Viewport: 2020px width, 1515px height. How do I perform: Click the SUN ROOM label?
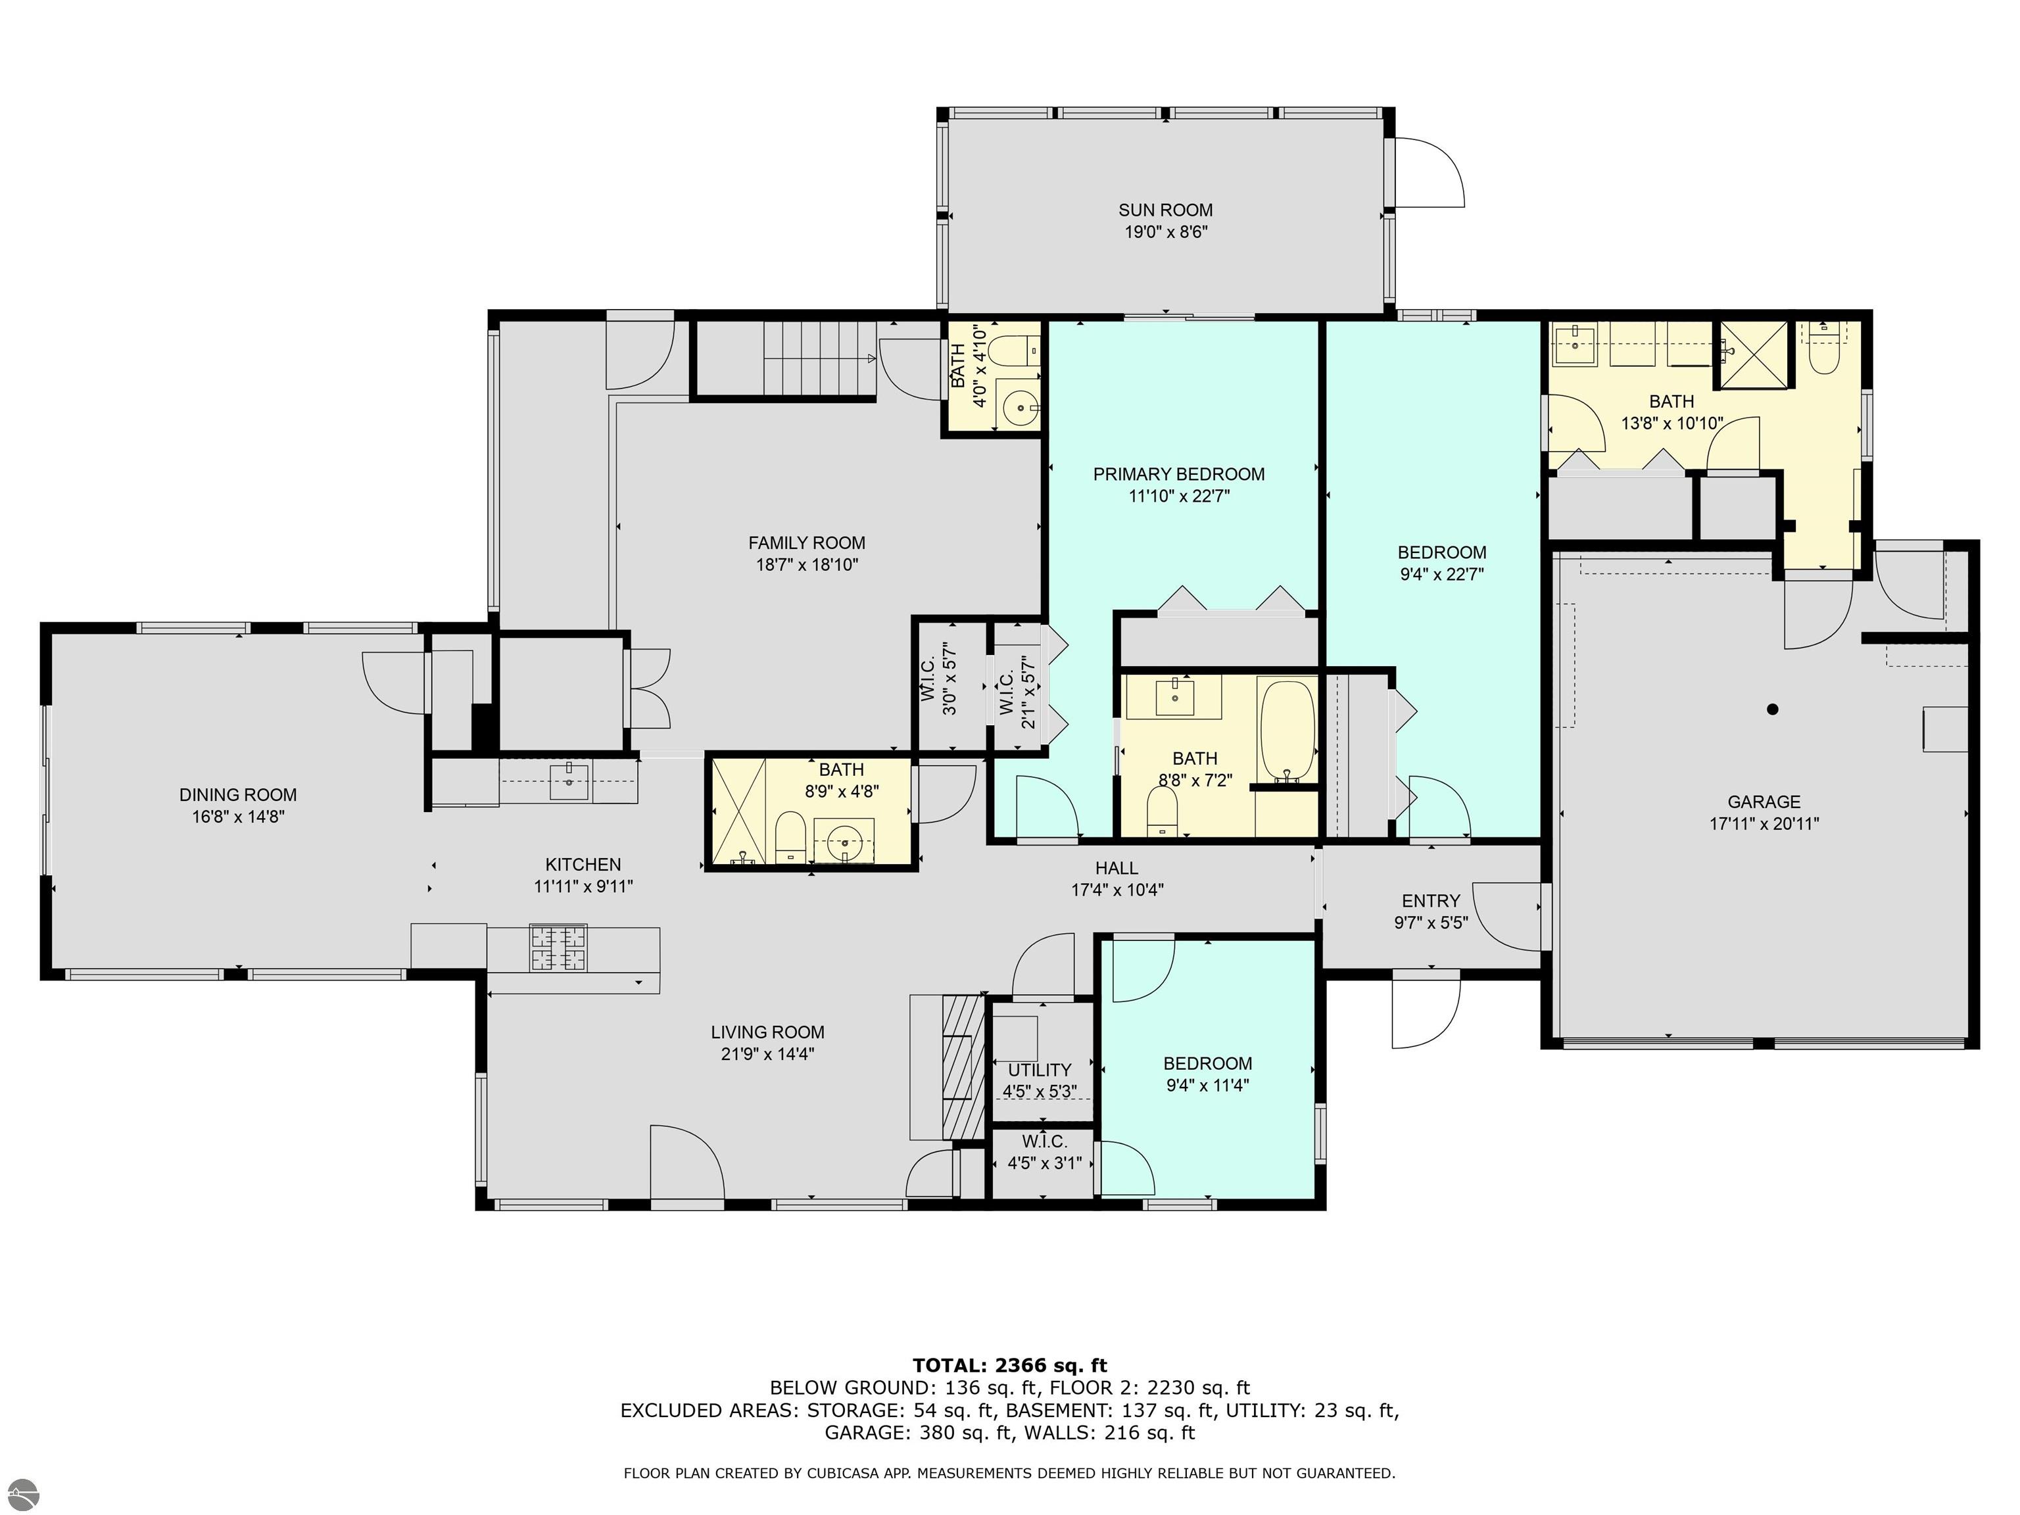[x=1165, y=210]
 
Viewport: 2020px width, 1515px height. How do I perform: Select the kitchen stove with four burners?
[x=558, y=948]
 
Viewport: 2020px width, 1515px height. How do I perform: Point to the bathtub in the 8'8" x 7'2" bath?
[x=1287, y=731]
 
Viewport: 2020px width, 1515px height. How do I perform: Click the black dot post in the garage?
[x=1773, y=709]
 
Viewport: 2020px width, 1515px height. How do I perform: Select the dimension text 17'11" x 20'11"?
[x=1764, y=824]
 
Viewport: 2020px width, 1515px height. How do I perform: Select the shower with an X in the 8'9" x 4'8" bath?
[x=738, y=811]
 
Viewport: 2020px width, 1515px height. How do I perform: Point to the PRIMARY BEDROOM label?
[x=1178, y=474]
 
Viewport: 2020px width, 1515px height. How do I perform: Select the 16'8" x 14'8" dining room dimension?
[x=237, y=817]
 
